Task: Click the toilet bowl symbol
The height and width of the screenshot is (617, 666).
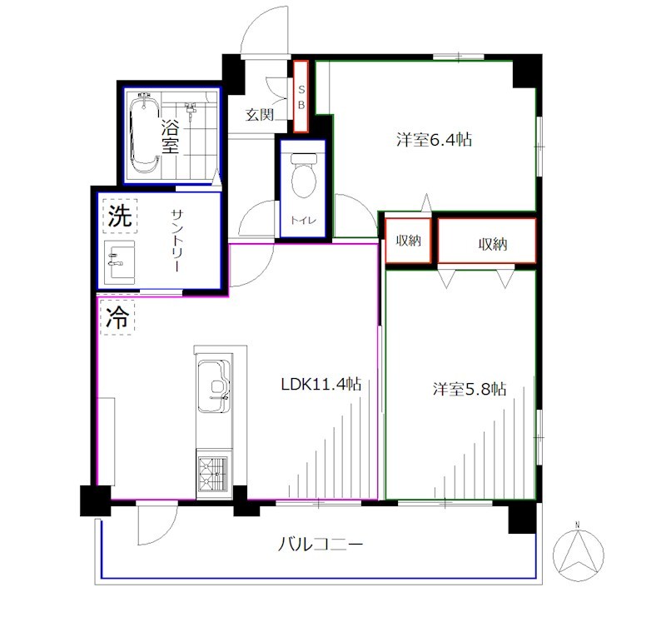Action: (x=303, y=176)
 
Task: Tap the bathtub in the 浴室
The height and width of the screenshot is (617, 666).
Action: (x=144, y=133)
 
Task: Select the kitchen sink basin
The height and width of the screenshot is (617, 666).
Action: (x=214, y=386)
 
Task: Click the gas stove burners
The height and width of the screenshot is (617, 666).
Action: (x=213, y=474)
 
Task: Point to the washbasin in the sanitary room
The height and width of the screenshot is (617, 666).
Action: (x=120, y=261)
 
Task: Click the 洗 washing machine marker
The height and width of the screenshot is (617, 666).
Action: (x=120, y=216)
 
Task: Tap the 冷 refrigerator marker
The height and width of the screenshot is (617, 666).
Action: (x=117, y=317)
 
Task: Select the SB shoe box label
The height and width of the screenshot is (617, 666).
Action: (x=301, y=97)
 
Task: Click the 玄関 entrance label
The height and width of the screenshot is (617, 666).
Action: (x=260, y=114)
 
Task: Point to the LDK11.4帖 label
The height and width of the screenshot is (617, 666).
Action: (x=321, y=384)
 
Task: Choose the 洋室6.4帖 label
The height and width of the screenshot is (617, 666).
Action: (x=434, y=139)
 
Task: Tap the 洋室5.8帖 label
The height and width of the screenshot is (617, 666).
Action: (x=470, y=389)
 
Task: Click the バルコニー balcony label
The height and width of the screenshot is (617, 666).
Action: (x=321, y=545)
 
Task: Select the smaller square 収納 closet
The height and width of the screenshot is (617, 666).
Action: (x=408, y=241)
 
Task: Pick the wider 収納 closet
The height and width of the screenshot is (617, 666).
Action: (x=487, y=241)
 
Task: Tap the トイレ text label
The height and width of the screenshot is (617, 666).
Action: (x=303, y=220)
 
